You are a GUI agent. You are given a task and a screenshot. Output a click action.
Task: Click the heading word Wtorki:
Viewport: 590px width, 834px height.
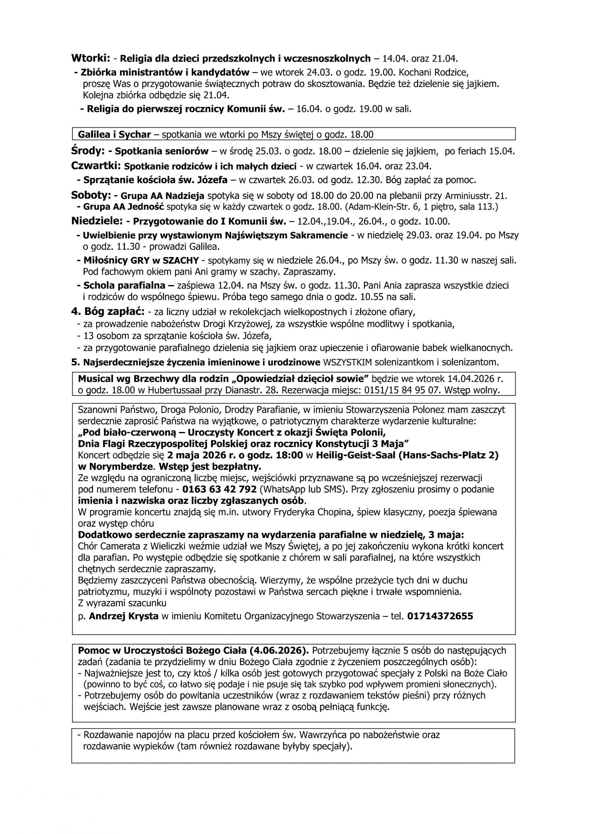point(91,58)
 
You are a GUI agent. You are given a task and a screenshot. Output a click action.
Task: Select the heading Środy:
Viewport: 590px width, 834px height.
point(88,151)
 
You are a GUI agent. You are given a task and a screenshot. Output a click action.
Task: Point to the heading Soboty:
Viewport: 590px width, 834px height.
point(91,195)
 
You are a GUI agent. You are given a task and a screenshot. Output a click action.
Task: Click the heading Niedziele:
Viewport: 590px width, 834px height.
point(97,221)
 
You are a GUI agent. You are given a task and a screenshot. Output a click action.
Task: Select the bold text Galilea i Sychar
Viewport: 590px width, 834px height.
point(114,135)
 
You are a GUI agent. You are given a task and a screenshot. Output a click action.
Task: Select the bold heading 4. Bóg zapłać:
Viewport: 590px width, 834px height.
point(108,311)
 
